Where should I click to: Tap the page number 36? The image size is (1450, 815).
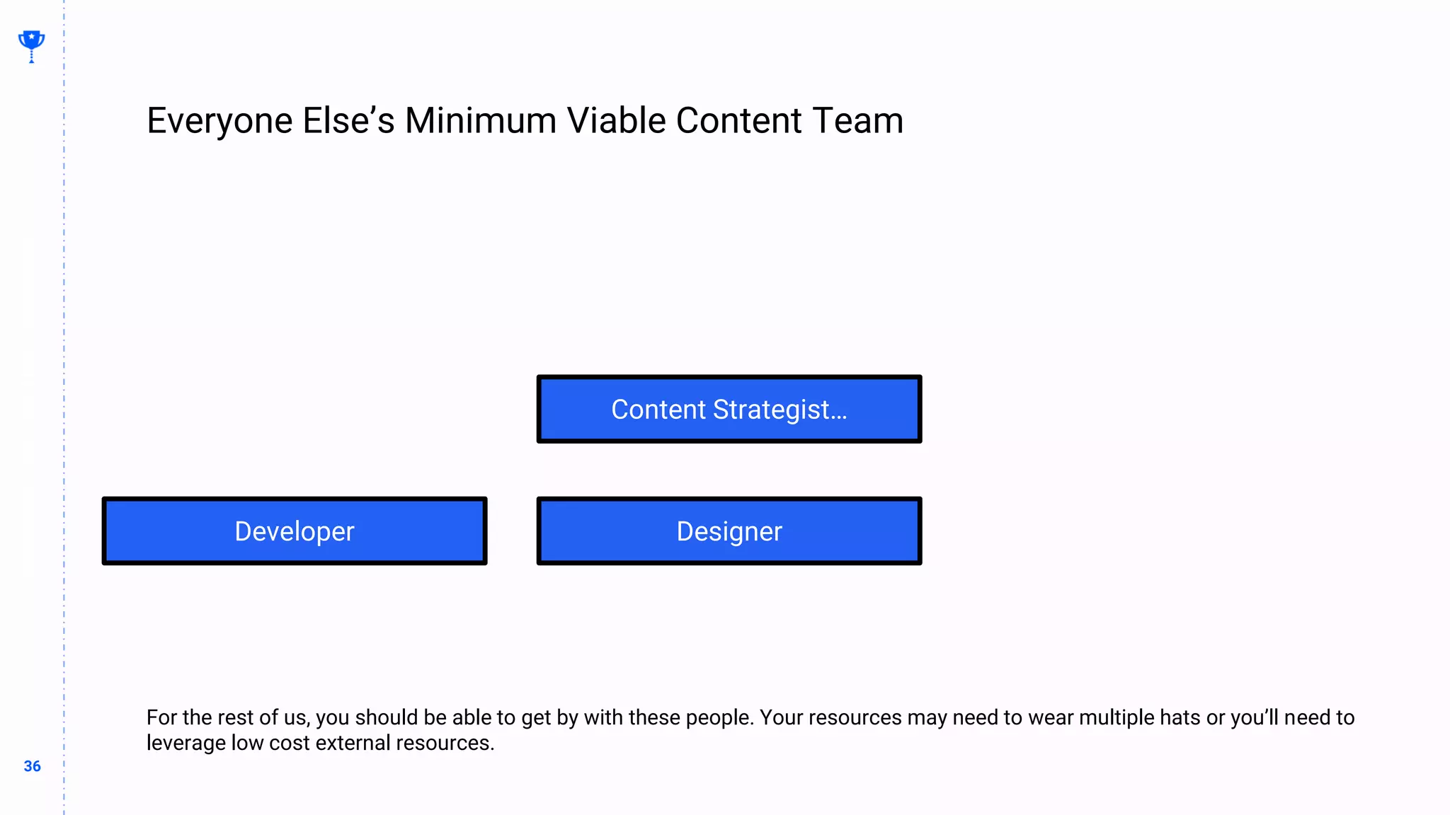(x=32, y=766)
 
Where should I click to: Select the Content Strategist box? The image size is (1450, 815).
(x=729, y=409)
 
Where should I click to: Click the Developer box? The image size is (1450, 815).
(x=295, y=531)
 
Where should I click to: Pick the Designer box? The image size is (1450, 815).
(x=729, y=531)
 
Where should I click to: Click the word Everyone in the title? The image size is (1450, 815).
(x=219, y=121)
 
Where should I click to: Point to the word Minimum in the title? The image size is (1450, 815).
(x=481, y=121)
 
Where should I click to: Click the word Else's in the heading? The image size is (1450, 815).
(x=348, y=121)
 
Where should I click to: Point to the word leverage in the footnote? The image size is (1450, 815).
(x=186, y=743)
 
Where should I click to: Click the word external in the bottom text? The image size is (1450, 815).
(x=353, y=743)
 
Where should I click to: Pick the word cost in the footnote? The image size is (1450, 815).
(x=289, y=743)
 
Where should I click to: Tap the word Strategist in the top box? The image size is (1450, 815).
(x=770, y=410)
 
